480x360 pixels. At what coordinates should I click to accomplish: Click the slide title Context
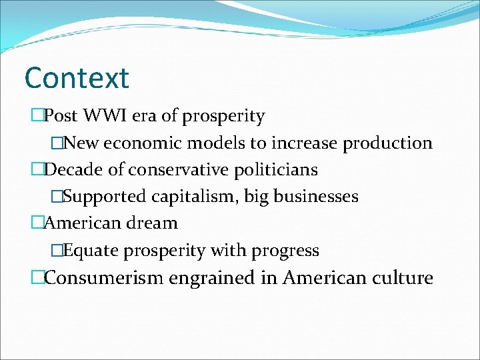pyautogui.click(x=76, y=78)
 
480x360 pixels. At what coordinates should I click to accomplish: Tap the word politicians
pyautogui.click(x=275, y=170)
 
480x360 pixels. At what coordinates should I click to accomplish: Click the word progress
pyautogui.click(x=285, y=251)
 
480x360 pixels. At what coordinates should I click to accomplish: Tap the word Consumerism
pyautogui.click(x=103, y=277)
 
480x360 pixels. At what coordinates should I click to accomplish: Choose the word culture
pyautogui.click(x=402, y=277)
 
